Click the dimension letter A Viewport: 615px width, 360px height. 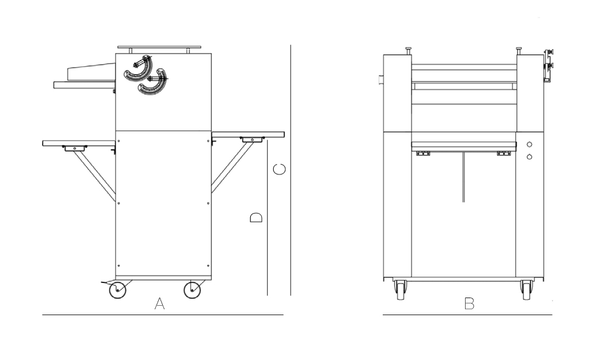(x=159, y=303)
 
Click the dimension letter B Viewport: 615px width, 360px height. (x=469, y=303)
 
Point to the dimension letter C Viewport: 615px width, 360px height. (x=279, y=169)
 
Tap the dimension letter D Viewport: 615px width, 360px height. (x=256, y=218)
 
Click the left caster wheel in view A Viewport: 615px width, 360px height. (x=117, y=290)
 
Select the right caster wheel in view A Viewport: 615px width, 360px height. (x=192, y=290)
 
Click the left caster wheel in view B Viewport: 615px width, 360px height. (x=400, y=290)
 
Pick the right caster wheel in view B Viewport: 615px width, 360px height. (x=526, y=290)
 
